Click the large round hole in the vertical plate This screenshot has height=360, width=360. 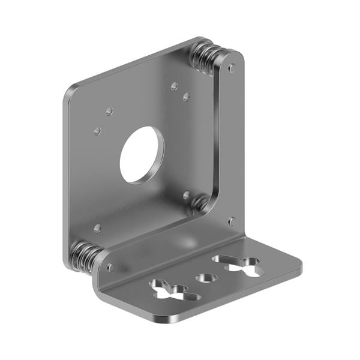[142, 155]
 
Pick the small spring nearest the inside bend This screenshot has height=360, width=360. [200, 203]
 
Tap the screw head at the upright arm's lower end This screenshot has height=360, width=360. [232, 221]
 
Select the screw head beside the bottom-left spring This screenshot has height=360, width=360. [110, 268]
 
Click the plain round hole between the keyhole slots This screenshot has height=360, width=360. [207, 278]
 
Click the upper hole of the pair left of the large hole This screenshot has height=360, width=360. [109, 111]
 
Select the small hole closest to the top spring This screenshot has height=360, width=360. [175, 86]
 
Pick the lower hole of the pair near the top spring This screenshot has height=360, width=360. [187, 97]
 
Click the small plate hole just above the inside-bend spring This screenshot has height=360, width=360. [187, 195]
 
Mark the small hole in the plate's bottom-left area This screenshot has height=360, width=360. [97, 228]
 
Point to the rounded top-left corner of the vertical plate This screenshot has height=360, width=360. [70, 92]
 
